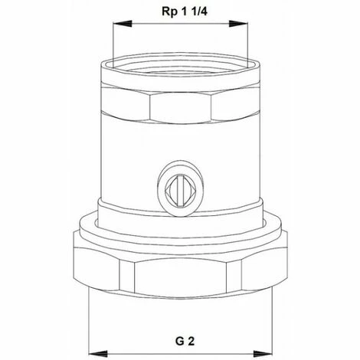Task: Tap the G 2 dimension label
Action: [181, 338]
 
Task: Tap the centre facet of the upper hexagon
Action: [181, 105]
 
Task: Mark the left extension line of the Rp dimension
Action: [113, 42]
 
